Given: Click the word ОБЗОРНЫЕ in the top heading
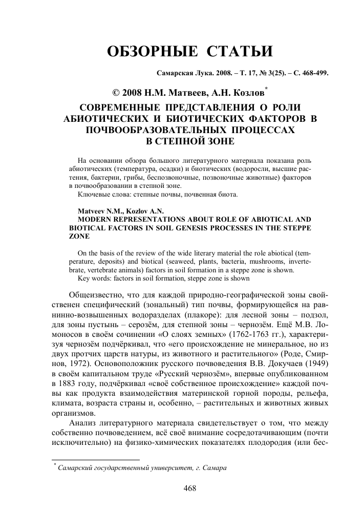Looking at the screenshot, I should click(x=148, y=52).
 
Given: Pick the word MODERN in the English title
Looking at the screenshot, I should click(x=94, y=219).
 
